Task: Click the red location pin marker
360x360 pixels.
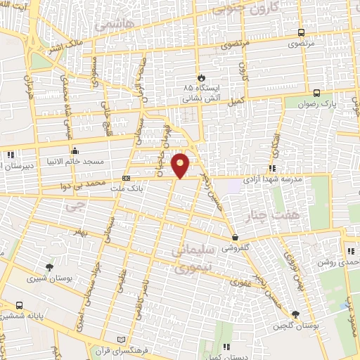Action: coord(181,164)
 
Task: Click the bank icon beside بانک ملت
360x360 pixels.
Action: coord(127,179)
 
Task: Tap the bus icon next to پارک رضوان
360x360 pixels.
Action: coord(316,93)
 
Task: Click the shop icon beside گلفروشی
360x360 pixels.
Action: coord(235,238)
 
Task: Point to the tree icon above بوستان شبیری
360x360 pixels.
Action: coord(49,267)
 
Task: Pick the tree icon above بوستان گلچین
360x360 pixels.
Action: coord(295,314)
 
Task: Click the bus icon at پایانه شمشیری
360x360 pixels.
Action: coord(18,306)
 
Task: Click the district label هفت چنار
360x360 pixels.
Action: coord(262,212)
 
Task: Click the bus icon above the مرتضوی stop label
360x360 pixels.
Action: coord(301,32)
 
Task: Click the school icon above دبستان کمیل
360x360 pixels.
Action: coord(225,347)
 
